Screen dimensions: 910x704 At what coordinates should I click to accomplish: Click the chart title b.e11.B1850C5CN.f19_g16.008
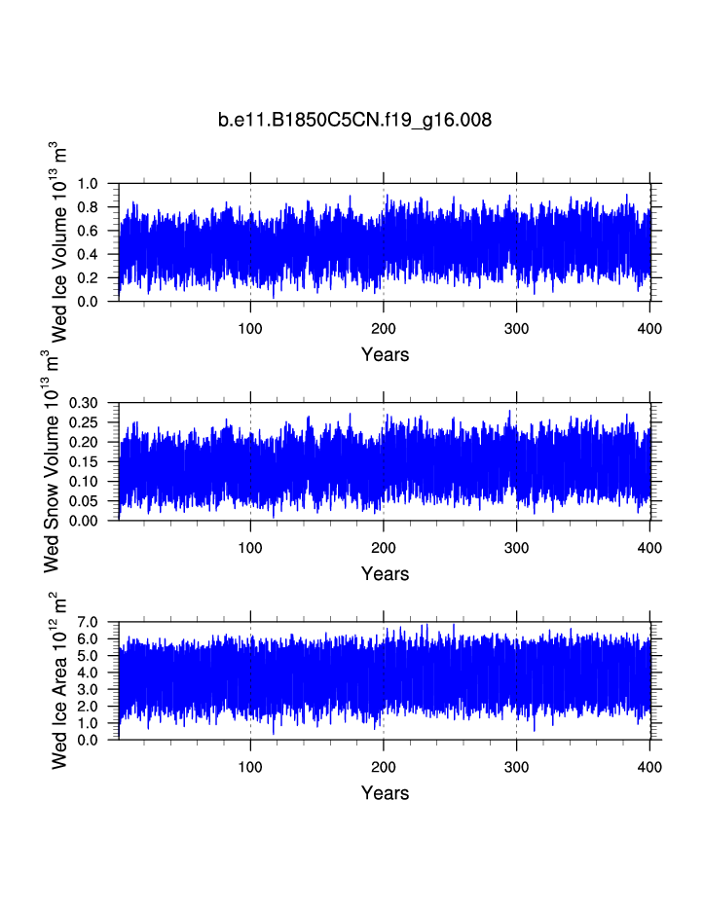tap(354, 121)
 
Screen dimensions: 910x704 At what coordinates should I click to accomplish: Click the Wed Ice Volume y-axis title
tap(60, 241)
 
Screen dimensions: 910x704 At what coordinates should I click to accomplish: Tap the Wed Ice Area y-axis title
tap(60, 680)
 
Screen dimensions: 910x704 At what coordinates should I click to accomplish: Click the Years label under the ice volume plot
tap(385, 354)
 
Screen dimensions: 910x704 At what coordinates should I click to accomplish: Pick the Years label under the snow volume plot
tap(385, 574)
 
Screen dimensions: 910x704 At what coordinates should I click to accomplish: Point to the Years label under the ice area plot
tap(385, 793)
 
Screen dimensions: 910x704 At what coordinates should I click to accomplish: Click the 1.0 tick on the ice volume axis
tap(89, 184)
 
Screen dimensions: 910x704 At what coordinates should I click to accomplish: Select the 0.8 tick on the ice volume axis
tap(89, 207)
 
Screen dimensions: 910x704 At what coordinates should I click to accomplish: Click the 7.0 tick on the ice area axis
tap(89, 622)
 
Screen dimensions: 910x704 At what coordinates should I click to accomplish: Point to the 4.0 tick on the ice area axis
tap(89, 673)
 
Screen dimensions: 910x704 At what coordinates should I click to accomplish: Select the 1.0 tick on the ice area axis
tap(89, 723)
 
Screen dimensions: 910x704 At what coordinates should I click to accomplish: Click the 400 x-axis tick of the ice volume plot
tap(649, 329)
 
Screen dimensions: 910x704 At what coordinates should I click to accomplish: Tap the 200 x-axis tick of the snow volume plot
tap(384, 548)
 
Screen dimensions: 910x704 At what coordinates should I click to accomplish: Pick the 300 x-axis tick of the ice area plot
tap(516, 767)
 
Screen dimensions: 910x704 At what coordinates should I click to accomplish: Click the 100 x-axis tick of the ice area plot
tap(250, 767)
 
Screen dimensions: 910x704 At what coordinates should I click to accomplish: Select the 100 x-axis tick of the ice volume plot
tap(250, 329)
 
